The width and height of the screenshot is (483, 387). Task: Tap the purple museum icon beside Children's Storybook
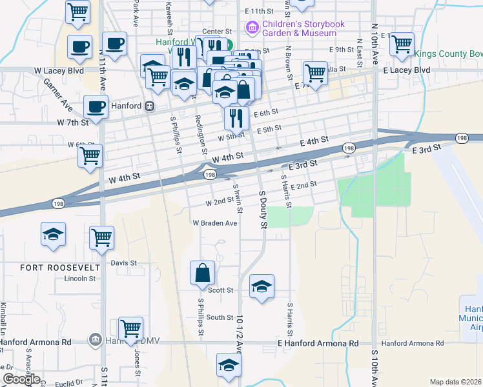251,28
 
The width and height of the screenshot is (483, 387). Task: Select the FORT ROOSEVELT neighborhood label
51,267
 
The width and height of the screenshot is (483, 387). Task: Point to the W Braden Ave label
214,223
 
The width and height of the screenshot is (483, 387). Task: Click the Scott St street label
220,290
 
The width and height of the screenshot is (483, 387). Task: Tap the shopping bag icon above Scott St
203,272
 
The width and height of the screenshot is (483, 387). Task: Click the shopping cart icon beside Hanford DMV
131,328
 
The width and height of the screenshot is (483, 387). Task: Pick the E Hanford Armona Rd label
318,344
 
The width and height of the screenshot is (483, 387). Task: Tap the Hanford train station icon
149,106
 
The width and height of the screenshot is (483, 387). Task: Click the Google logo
21,380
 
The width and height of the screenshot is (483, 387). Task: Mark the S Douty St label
262,209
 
